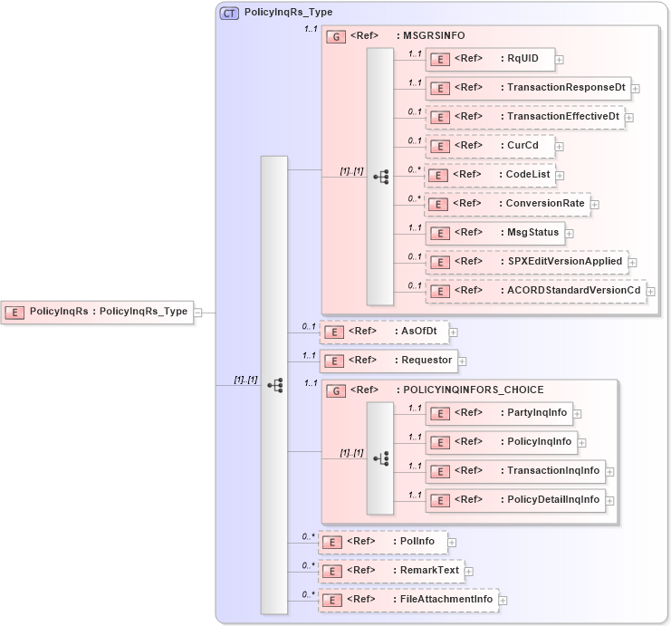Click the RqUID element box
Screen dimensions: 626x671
pos(489,59)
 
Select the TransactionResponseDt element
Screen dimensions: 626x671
pos(527,88)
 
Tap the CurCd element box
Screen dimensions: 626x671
pos(489,145)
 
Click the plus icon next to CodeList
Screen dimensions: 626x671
pos(561,175)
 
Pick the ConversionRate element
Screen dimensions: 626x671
pos(506,204)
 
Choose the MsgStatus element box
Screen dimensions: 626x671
pos(494,233)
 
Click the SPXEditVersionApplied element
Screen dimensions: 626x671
pos(525,262)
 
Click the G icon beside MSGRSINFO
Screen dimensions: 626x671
pos(334,36)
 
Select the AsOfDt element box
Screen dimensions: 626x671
pos(384,332)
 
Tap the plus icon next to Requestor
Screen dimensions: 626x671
pos(462,361)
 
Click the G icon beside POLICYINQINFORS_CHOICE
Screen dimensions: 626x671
pos(334,390)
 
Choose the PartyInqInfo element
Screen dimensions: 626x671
pos(497,413)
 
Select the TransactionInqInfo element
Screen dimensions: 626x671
pos(513,471)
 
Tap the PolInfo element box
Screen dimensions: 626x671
pos(382,542)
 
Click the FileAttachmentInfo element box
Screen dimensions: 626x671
pos(407,600)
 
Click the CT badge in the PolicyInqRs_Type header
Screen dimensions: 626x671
pos(230,14)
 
